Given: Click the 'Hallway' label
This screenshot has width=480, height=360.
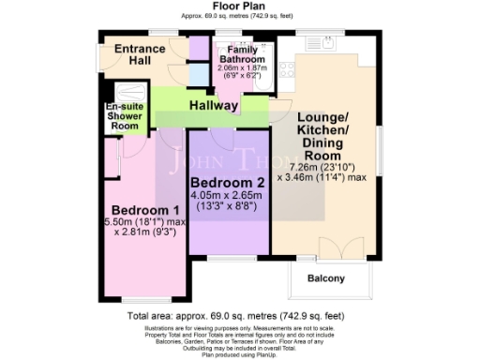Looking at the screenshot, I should point(214,106).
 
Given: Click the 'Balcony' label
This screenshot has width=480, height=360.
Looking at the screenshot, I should point(325,278).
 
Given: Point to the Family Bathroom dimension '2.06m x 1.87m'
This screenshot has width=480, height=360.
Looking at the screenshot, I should point(240,69).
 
